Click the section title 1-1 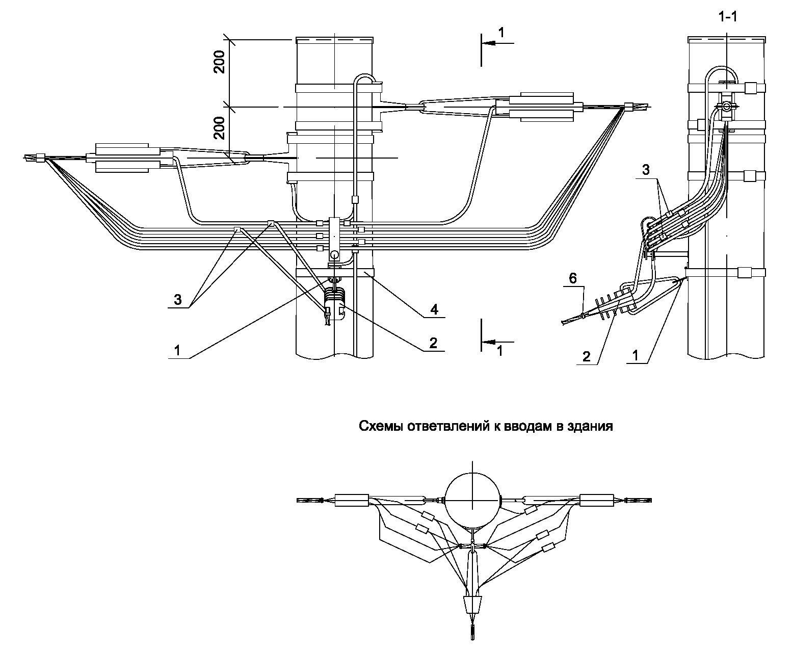click(x=727, y=17)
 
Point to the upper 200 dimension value click(x=220, y=62)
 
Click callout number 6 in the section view click(x=573, y=278)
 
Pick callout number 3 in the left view click(x=177, y=300)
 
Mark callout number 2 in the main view click(x=433, y=343)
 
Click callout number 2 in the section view click(x=587, y=356)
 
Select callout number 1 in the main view click(x=177, y=351)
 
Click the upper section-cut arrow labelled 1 click(x=494, y=43)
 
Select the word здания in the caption click(x=593, y=426)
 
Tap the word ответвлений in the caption click(x=447, y=426)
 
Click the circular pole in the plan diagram click(x=472, y=500)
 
